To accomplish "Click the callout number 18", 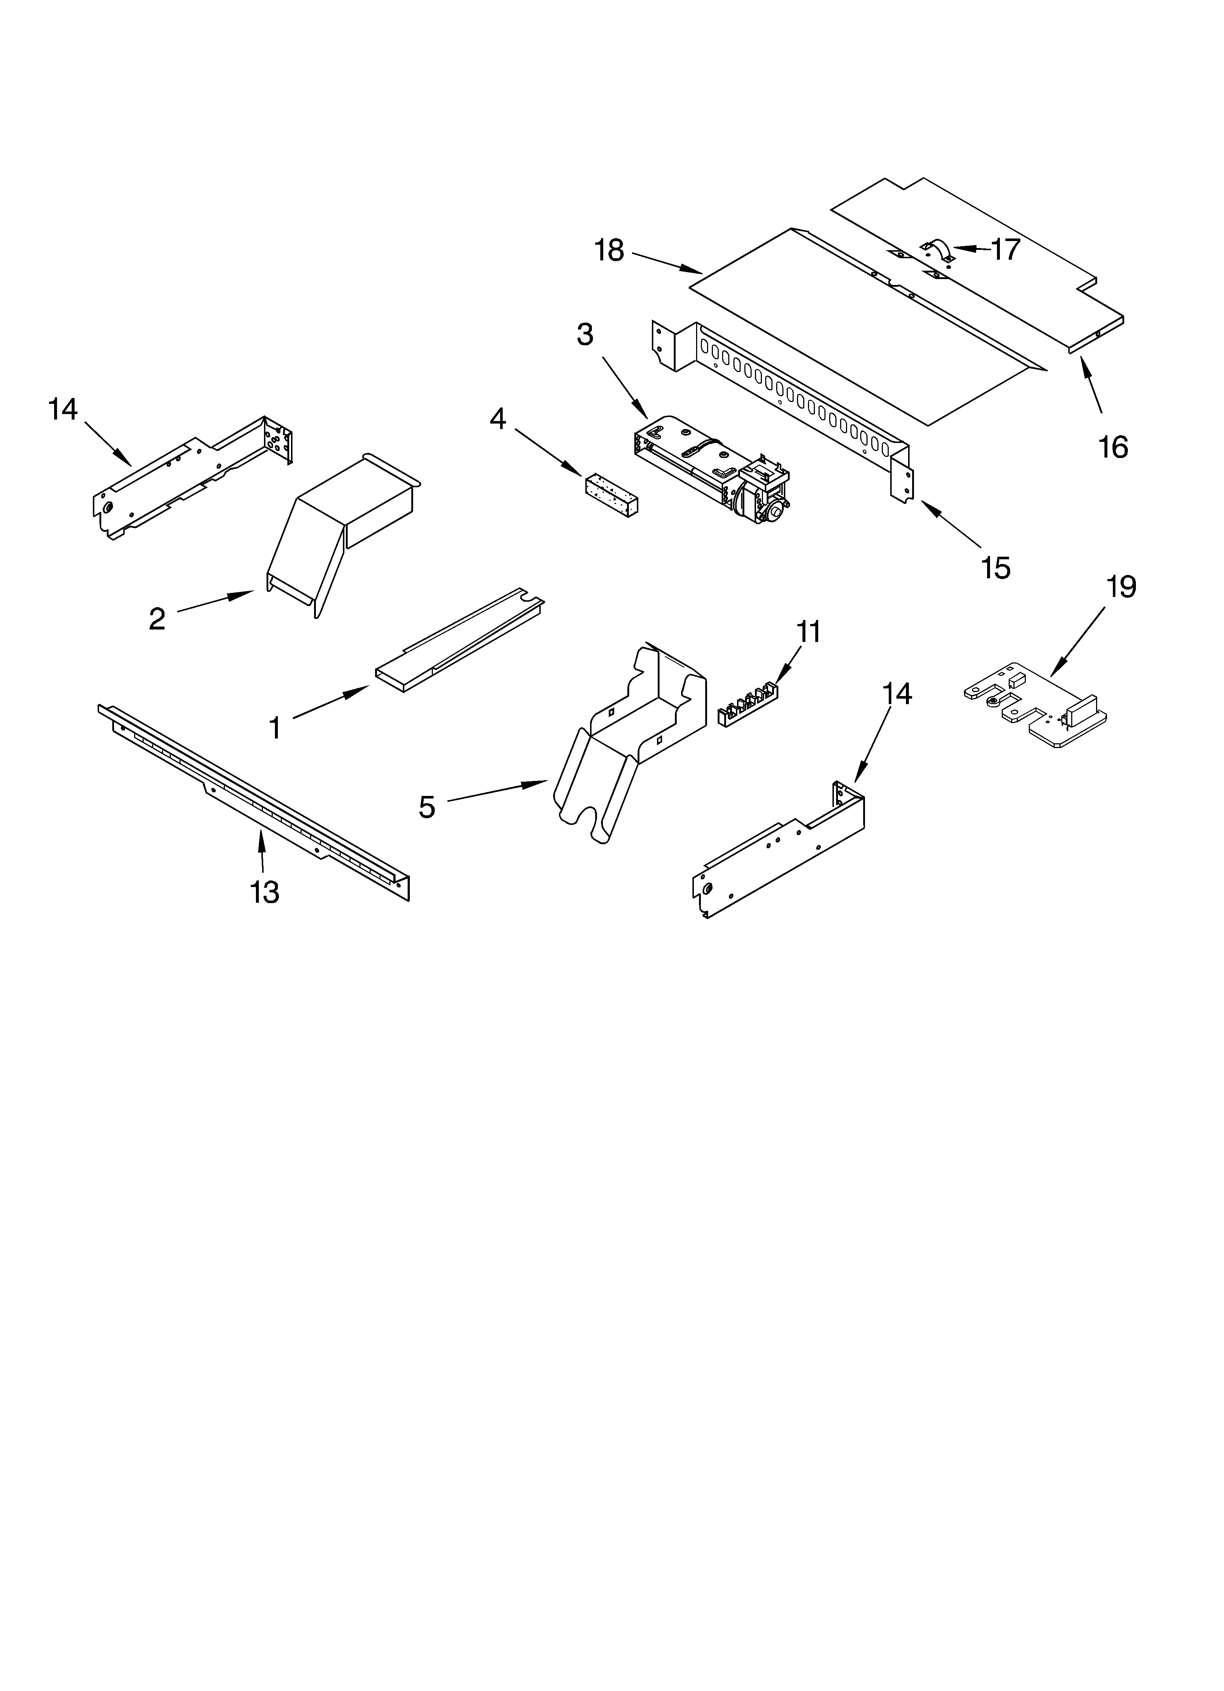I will click(x=609, y=251).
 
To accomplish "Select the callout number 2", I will click(x=157, y=619).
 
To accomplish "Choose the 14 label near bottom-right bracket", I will click(x=897, y=694).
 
